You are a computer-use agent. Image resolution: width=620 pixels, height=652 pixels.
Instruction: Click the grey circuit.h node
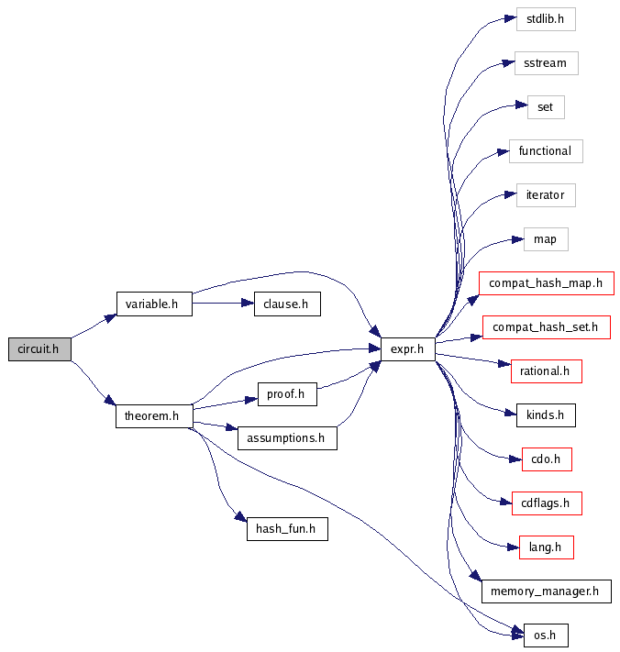pos(39,348)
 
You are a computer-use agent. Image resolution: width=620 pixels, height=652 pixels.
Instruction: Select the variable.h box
pos(153,304)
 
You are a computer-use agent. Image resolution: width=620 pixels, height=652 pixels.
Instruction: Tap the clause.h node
pos(286,304)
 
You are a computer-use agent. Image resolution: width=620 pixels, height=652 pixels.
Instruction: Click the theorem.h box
pos(153,415)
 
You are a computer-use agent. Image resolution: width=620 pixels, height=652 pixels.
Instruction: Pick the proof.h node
pos(286,393)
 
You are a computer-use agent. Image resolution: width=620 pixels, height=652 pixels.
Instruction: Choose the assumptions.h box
pos(286,437)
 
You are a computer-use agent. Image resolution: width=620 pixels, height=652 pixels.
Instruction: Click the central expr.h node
pos(407,348)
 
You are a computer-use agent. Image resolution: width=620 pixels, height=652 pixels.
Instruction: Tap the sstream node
pos(545,63)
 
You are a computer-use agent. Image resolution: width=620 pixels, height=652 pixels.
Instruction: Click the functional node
pos(545,150)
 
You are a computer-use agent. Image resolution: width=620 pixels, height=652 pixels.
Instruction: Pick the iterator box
pos(545,195)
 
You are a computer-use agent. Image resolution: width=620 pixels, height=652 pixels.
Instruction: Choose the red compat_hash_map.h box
pos(545,282)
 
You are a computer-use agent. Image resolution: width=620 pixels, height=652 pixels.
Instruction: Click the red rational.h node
pos(545,371)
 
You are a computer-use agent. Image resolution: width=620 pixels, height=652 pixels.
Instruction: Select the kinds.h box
pos(545,415)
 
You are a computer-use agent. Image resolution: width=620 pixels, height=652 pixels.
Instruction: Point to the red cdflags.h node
pos(545,503)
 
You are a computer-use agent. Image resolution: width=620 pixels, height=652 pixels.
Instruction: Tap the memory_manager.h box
pos(545,591)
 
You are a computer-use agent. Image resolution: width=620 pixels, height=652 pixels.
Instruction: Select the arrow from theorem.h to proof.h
pos(224,403)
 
